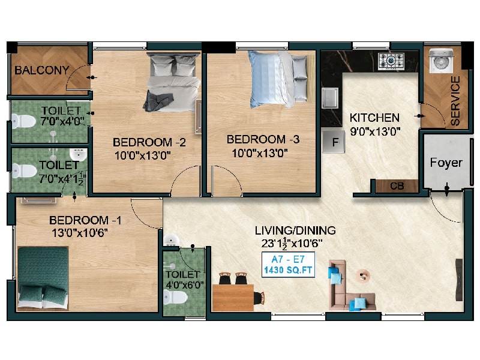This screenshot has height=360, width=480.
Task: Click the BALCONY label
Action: click(41, 70)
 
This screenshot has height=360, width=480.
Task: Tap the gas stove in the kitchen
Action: click(391, 61)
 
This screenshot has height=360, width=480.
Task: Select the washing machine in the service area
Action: click(441, 61)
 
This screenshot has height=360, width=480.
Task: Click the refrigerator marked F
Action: click(334, 142)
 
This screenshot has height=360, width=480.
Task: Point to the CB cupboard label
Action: click(397, 186)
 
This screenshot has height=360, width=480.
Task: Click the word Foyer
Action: click(446, 163)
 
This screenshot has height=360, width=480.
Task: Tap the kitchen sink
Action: click(329, 98)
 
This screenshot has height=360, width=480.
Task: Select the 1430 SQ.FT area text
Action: click(288, 270)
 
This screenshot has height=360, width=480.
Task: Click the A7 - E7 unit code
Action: click(288, 260)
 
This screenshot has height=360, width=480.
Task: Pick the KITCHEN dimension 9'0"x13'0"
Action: click(376, 132)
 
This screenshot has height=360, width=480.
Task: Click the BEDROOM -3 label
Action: click(263, 140)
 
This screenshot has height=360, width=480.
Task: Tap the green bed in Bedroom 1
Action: click(43, 277)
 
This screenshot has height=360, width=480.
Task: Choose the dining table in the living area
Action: click(233, 298)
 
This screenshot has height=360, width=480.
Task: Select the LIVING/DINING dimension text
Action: click(292, 244)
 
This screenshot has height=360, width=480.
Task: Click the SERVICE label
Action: click(455, 101)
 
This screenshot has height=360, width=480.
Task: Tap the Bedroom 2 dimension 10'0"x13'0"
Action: click(142, 155)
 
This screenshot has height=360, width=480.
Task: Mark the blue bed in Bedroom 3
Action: click(278, 80)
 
